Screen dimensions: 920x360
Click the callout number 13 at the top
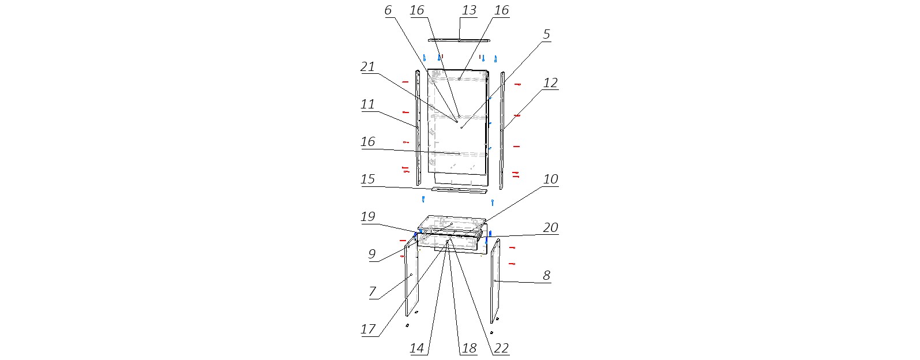coord(468,10)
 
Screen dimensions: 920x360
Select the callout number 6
coord(388,10)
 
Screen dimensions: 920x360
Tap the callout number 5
coord(546,34)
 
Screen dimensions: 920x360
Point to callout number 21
coord(367,66)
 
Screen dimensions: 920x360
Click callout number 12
coord(550,83)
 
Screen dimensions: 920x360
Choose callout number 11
coord(367,104)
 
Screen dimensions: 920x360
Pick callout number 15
coord(367,179)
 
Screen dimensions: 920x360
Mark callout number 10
coord(550,179)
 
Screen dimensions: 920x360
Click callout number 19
coord(367,216)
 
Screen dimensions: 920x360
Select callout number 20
coord(550,228)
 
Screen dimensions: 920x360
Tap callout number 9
coord(371,254)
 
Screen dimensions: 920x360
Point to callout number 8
coord(546,276)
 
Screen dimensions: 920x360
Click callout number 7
coord(372,292)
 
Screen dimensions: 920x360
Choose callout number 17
coord(367,329)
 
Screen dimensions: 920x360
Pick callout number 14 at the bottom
coord(416,348)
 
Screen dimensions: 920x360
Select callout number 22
coord(501,348)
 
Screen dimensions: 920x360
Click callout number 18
coord(468,348)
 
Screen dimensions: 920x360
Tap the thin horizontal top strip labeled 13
coord(459,40)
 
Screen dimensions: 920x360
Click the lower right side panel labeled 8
coord(495,281)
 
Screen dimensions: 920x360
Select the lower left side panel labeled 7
coord(411,279)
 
